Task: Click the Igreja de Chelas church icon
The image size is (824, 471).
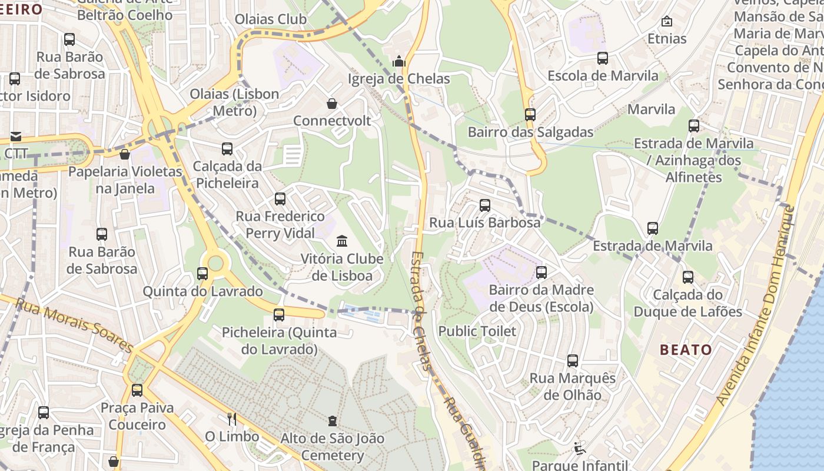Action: pos(399,61)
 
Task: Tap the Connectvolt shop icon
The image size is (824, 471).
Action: pos(332,104)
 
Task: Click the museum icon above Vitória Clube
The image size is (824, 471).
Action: pos(342,241)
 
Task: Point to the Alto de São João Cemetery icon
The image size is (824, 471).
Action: pos(333,421)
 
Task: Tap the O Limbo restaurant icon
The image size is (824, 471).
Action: pos(232,419)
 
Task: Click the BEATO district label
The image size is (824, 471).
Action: pos(686,350)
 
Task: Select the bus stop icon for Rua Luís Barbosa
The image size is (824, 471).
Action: pos(484,205)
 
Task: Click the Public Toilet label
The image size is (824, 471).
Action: pos(477,331)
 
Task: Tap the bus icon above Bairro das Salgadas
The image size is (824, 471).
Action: pos(530,115)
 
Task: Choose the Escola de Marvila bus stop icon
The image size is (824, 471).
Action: pos(602,58)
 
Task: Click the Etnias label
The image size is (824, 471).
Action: pos(667,39)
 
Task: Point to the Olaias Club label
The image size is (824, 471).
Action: pos(271,19)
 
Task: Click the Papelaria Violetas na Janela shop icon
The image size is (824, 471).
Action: pos(125,154)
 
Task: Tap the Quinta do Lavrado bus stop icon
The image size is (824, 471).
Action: pos(202,274)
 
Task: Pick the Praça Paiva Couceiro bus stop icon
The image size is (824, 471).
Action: pos(137,390)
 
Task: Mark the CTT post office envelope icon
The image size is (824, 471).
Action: pos(15,137)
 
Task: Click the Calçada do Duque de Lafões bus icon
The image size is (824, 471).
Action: pos(687,277)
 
